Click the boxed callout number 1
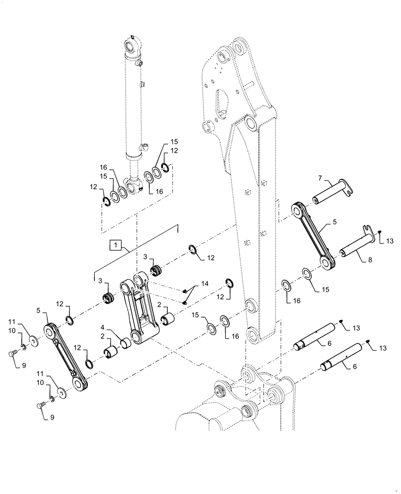click(114, 244)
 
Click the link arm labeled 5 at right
click(312, 234)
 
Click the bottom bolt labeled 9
click(41, 406)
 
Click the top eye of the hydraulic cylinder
click(131, 47)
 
